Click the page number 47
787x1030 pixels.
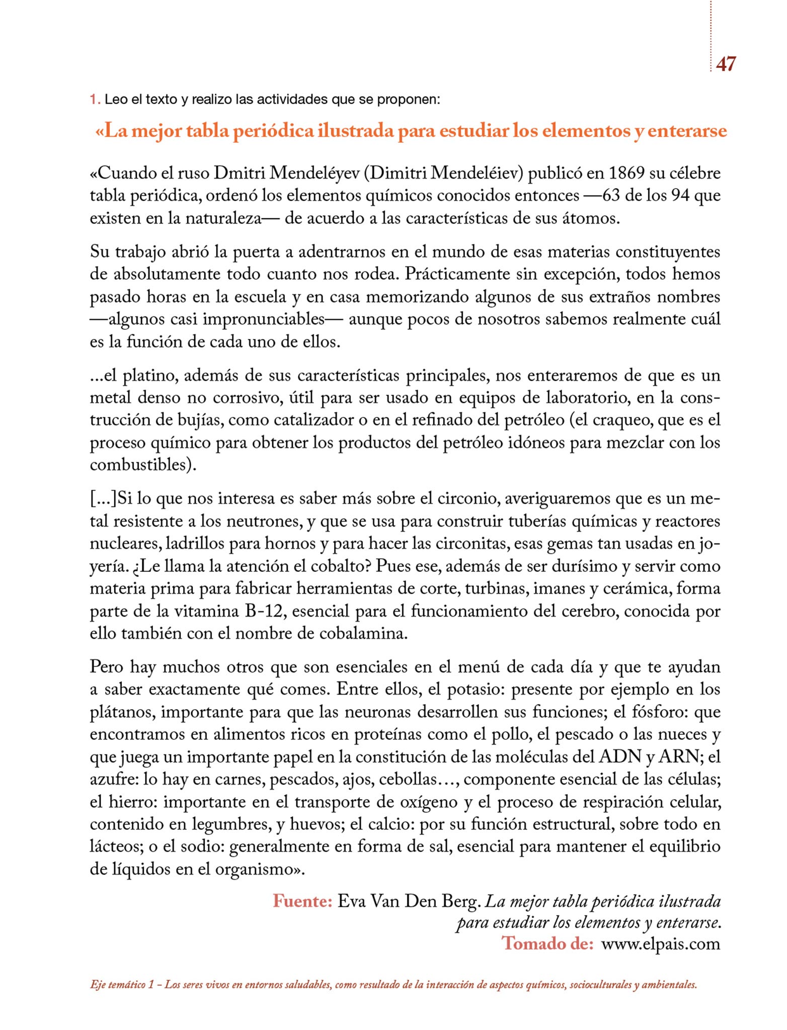[725, 64]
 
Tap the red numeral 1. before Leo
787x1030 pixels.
[94, 100]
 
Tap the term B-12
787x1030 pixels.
[264, 611]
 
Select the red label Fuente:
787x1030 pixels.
[302, 901]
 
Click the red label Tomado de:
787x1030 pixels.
[547, 943]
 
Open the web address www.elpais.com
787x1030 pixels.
[661, 943]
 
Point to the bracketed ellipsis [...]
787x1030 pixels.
[103, 498]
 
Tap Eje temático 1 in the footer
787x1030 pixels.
[122, 985]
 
